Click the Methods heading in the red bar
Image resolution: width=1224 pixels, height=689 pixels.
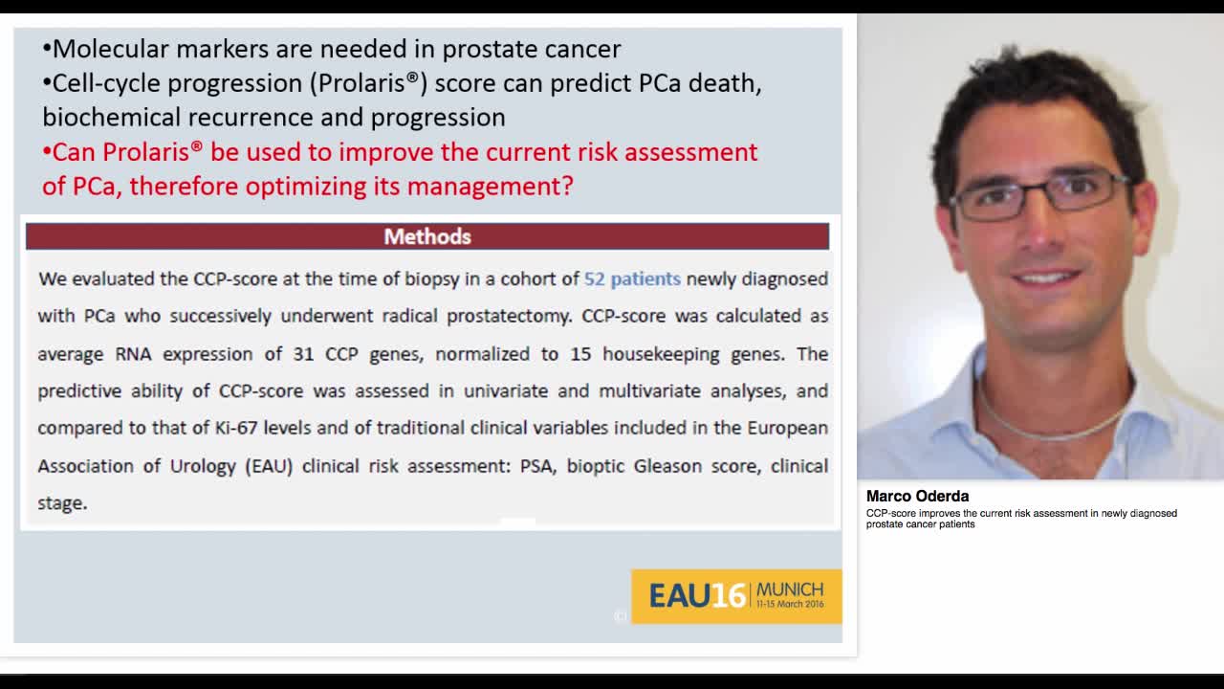pos(427,236)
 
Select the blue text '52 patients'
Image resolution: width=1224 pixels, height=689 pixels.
pos(632,278)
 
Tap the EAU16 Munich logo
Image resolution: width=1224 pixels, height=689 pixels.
pos(736,596)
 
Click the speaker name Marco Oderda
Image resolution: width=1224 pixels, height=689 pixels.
pos(917,496)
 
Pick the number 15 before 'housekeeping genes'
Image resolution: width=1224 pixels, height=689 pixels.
pos(580,353)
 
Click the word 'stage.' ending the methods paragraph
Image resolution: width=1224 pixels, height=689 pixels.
pos(62,502)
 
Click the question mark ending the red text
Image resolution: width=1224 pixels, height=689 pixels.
pos(567,186)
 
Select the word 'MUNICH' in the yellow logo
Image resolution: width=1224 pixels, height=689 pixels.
pos(790,589)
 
